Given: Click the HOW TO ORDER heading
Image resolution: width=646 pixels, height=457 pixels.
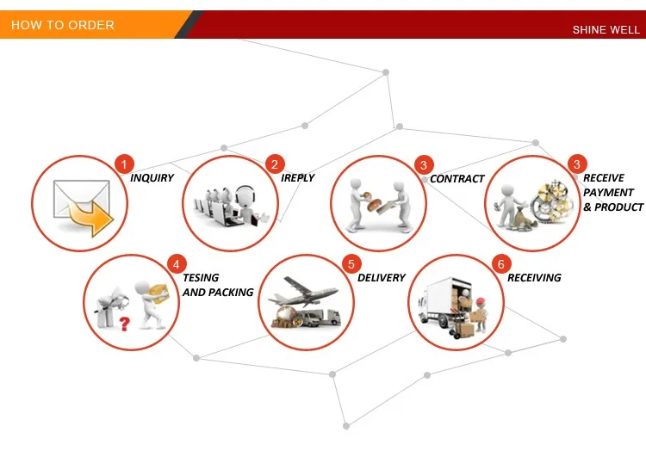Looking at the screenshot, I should click(62, 25).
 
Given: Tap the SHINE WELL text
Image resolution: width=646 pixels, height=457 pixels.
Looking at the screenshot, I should click(606, 30).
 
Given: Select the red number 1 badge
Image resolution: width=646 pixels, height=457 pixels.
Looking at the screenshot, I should click(124, 164).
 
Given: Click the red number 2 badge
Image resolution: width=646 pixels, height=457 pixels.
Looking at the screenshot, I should click(275, 164).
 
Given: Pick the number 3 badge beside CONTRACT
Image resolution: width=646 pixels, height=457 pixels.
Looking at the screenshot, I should click(423, 164).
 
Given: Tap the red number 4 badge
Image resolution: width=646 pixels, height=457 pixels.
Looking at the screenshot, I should click(176, 263).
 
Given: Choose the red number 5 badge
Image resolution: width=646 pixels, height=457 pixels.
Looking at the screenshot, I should click(350, 263).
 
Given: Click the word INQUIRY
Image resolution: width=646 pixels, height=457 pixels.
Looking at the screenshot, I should click(152, 178).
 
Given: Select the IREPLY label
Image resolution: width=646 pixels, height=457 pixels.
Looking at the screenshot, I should click(297, 178).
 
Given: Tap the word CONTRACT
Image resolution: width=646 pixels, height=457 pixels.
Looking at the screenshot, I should click(457, 179).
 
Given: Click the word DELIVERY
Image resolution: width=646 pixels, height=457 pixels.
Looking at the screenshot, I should click(381, 278).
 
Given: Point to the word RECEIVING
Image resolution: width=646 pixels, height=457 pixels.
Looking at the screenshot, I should click(534, 278).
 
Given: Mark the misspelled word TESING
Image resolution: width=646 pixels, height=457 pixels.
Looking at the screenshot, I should click(201, 278).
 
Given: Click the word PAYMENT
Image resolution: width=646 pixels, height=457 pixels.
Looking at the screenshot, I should click(608, 193).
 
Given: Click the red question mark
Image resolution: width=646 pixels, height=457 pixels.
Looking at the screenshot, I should click(124, 324).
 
